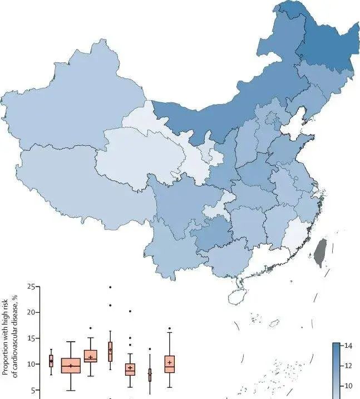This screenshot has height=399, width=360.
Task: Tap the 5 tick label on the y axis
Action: (35, 390)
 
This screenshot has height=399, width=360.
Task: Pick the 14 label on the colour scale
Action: (347, 346)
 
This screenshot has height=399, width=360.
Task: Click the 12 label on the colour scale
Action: (347, 365)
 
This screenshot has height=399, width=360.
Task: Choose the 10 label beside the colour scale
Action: (347, 385)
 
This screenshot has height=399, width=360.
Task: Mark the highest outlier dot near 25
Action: (110, 287)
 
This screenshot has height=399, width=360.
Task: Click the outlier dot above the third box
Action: (91, 328)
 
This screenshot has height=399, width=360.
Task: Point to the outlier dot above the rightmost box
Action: (169, 328)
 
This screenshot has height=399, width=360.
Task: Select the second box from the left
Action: (71, 365)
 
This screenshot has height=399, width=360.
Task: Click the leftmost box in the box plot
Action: (51, 361)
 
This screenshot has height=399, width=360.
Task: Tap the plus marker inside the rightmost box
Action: (169, 363)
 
